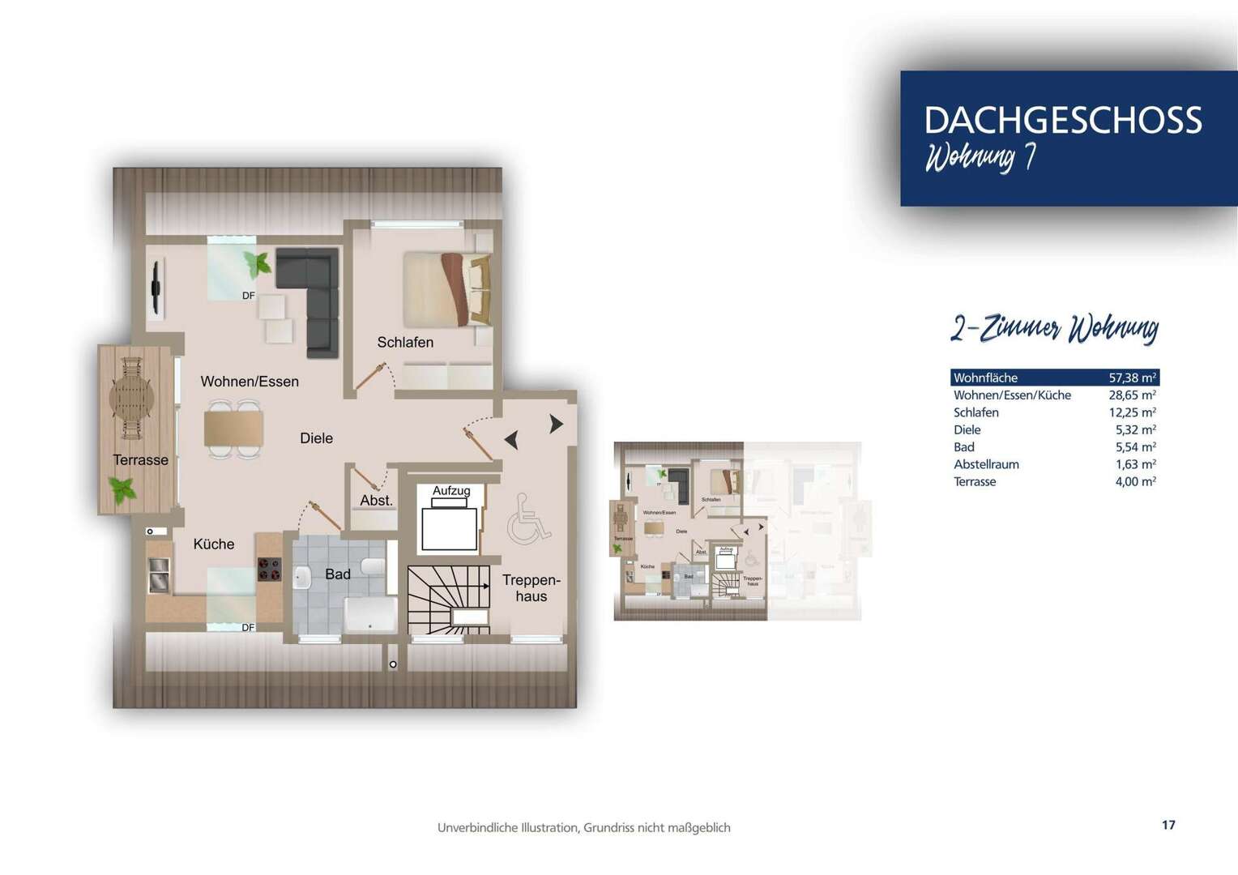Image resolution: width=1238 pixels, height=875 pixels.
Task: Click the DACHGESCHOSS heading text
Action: click(x=1062, y=120)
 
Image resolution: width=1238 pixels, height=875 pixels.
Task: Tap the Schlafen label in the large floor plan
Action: click(x=405, y=343)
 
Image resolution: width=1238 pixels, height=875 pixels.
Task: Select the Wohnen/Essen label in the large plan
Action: click(x=250, y=382)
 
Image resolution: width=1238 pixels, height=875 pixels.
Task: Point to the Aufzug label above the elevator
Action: click(x=451, y=490)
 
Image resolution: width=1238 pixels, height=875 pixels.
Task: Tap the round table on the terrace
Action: click(x=131, y=397)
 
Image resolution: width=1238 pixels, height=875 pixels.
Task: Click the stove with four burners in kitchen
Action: click(x=269, y=570)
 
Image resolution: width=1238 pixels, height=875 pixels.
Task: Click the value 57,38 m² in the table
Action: click(x=1132, y=378)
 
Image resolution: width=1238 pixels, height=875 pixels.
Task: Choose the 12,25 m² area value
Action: click(x=1132, y=412)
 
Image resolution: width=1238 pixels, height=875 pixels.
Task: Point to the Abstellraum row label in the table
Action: click(x=986, y=464)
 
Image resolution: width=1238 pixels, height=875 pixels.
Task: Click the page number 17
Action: click(x=1168, y=825)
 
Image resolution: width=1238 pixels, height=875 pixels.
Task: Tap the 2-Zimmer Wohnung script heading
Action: click(x=1054, y=328)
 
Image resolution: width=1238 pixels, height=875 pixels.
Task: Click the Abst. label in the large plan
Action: click(x=376, y=501)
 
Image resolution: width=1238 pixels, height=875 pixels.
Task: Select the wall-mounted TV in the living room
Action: click(x=155, y=288)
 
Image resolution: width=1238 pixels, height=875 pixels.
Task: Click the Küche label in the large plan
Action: click(x=214, y=544)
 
